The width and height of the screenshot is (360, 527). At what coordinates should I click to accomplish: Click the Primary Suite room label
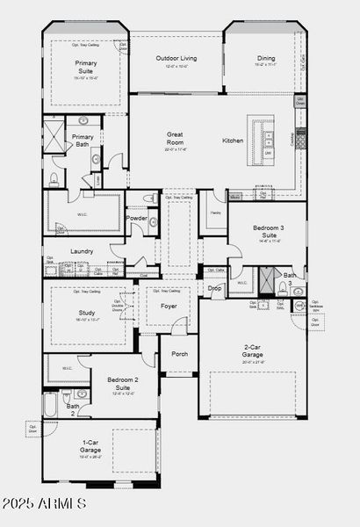pos(86,67)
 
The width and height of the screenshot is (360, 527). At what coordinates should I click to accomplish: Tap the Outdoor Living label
pos(176,59)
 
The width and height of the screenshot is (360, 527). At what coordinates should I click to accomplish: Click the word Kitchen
pos(233,141)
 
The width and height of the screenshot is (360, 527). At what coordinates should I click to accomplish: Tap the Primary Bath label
pos(83,141)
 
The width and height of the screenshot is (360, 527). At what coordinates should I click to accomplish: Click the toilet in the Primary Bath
pos(54,180)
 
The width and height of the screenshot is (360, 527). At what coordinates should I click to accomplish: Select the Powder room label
pos(137,218)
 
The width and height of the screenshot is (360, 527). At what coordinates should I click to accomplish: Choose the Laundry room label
pos(82,251)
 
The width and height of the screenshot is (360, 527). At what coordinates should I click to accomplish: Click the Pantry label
pos(215,213)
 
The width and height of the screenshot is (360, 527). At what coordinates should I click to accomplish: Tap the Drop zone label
pos(215,287)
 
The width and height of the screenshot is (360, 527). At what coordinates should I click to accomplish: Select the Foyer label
pos(168,306)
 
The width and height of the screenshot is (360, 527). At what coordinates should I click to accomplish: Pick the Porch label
pos(179,354)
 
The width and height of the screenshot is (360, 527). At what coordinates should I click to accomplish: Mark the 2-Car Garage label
pos(251,350)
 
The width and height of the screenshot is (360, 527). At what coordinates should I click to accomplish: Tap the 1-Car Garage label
pos(90,446)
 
